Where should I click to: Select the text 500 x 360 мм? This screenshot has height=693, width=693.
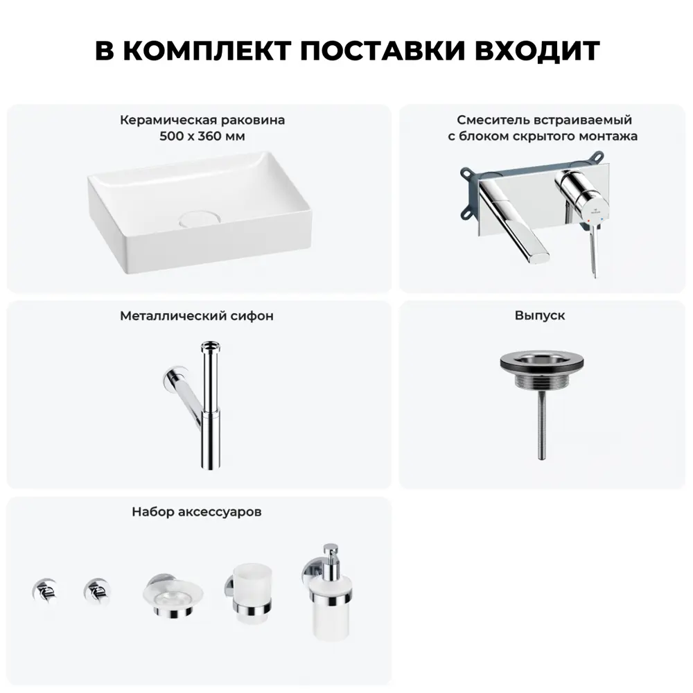pyautogui.click(x=202, y=137)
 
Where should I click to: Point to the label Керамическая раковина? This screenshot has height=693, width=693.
pyautogui.click(x=202, y=120)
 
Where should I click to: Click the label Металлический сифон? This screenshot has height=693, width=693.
pyautogui.click(x=197, y=316)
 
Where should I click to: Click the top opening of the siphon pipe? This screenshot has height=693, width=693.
pyautogui.click(x=209, y=345)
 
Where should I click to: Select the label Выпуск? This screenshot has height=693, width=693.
pyautogui.click(x=540, y=315)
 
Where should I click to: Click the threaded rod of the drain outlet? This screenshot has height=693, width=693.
pyautogui.click(x=540, y=430)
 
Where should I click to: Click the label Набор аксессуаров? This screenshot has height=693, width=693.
pyautogui.click(x=197, y=513)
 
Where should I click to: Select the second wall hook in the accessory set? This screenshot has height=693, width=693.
pyautogui.click(x=96, y=590)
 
